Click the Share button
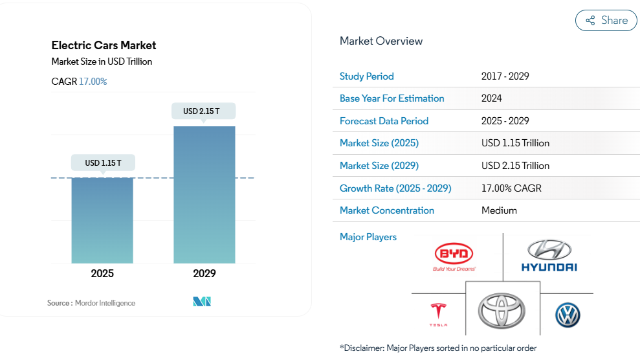(606, 21)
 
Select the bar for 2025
(102, 220)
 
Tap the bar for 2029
(204, 194)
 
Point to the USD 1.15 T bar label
(102, 163)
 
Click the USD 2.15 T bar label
(203, 111)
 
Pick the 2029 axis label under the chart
(204, 273)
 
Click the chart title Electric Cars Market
(104, 45)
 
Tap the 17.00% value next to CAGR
(93, 82)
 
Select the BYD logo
(454, 256)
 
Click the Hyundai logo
(549, 256)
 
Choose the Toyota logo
(502, 310)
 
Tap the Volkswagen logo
(568, 315)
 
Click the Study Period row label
(366, 76)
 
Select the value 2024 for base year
(492, 98)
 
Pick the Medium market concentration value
(499, 210)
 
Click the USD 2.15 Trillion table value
(515, 166)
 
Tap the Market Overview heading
(381, 41)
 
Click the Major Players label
(368, 237)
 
